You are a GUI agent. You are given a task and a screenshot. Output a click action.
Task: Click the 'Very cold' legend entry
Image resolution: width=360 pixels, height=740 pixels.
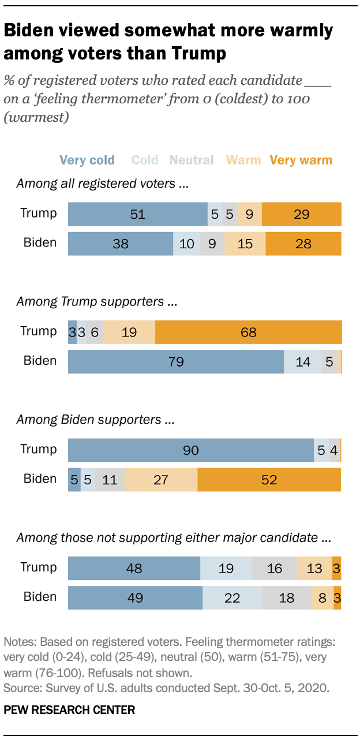(x=87, y=160)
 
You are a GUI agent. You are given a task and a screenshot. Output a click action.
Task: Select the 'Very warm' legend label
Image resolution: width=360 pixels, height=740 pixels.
(x=301, y=160)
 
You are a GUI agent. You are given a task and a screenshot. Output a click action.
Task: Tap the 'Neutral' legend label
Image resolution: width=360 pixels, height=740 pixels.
(x=192, y=160)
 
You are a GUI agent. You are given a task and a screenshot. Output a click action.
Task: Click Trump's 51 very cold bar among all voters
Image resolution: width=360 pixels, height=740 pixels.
(x=137, y=214)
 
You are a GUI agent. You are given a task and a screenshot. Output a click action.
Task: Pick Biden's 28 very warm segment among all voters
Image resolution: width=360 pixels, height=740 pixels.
(x=303, y=244)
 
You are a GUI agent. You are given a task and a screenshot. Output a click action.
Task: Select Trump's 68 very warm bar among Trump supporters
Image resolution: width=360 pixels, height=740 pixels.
(x=248, y=332)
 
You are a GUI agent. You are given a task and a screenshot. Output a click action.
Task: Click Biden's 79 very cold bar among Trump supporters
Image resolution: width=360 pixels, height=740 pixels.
(x=175, y=361)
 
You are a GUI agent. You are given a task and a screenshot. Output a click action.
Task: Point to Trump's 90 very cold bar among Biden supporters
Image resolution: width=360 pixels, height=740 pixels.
(x=190, y=450)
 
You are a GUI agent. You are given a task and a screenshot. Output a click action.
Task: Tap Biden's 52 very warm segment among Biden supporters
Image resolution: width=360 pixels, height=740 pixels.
(x=269, y=480)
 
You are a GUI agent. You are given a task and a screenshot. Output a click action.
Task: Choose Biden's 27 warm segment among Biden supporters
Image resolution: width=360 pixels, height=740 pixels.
(x=161, y=480)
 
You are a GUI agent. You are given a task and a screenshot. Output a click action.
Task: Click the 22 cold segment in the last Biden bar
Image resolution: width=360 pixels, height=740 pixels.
(x=232, y=598)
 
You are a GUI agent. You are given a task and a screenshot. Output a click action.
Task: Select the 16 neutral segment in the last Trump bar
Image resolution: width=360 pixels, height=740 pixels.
(x=274, y=569)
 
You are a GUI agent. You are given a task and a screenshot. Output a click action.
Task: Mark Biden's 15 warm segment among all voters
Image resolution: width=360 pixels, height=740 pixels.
(x=245, y=244)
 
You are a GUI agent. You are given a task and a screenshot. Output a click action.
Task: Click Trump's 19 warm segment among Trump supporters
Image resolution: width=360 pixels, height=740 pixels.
(x=129, y=332)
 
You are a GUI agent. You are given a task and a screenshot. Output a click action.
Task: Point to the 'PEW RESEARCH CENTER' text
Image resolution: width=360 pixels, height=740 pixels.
(x=69, y=710)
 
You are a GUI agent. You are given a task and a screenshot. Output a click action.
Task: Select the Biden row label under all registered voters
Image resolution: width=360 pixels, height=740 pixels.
(x=40, y=242)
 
